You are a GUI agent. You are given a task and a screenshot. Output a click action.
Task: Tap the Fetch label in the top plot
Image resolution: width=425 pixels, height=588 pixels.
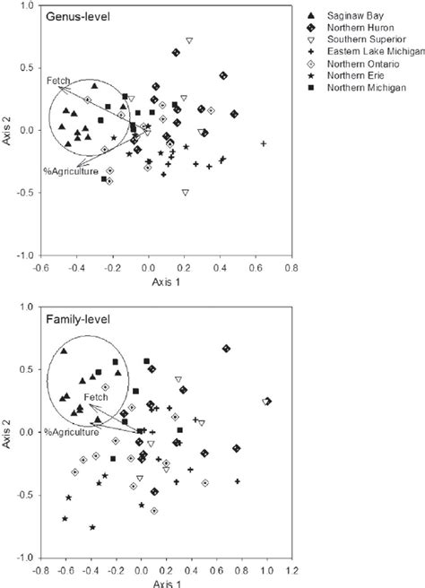(56, 81)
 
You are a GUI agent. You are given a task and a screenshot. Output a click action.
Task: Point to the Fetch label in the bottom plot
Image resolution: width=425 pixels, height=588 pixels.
(96, 396)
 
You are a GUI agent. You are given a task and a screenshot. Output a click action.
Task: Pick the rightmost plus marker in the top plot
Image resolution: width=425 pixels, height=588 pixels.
(264, 143)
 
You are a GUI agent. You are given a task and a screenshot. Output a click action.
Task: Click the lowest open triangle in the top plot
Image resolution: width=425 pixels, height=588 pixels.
(185, 193)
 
